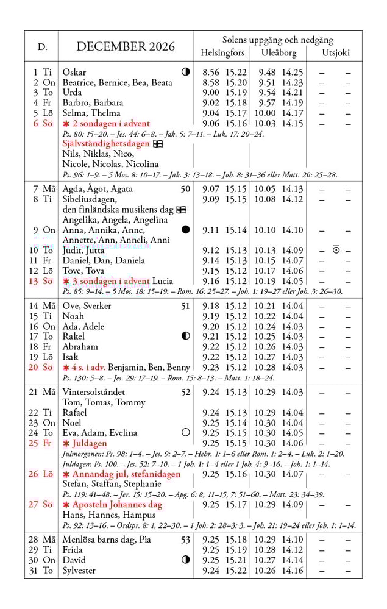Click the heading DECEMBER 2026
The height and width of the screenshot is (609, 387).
click(126, 46)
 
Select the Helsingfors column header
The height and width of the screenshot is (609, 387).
click(222, 52)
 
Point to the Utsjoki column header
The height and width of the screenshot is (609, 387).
click(336, 52)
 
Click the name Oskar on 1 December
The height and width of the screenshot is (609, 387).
click(74, 72)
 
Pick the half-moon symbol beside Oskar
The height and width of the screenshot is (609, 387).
click(185, 72)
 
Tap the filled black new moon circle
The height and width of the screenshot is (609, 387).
click(185, 230)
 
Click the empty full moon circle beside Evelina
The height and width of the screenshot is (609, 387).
click(185, 433)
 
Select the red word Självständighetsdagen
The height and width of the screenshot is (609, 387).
click(105, 144)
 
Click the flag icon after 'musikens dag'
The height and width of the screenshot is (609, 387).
click(181, 210)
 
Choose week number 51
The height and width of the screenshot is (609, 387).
click(185, 306)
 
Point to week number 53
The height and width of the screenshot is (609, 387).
click(185, 540)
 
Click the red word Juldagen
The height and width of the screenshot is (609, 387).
click(89, 443)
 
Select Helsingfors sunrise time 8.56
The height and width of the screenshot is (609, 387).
click(210, 72)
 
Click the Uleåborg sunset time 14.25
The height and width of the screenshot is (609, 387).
click(293, 72)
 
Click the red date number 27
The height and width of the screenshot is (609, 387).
click(33, 504)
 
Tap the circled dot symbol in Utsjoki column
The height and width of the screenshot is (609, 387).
click(336, 249)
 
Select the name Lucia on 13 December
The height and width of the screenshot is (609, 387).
click(163, 281)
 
